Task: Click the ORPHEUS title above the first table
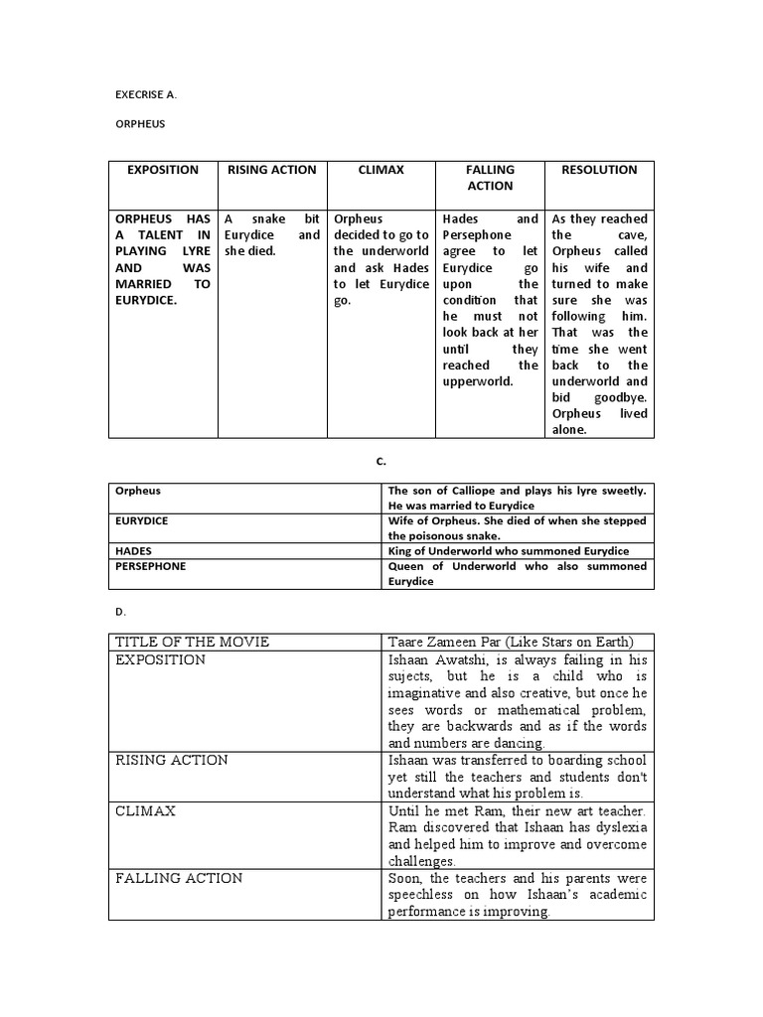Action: [140, 125]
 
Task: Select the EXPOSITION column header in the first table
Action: [163, 170]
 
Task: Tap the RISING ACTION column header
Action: [272, 170]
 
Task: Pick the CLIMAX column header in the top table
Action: [381, 170]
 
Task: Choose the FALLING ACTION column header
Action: [490, 178]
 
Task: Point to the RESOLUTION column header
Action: [599, 170]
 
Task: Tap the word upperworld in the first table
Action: [478, 381]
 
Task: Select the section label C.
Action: [381, 461]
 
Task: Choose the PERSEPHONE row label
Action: [150, 566]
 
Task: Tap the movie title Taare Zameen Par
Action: [454, 642]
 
